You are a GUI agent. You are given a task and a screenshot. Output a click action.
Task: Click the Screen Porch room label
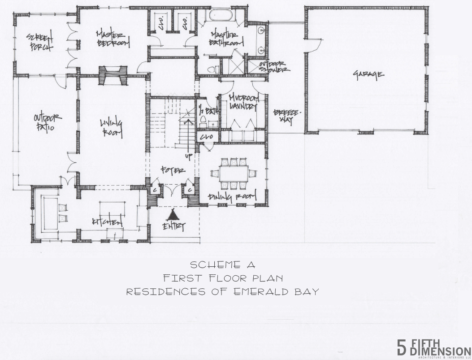39,41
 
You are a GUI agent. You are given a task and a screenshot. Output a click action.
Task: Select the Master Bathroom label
226,39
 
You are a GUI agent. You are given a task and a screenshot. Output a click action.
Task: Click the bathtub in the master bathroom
220,16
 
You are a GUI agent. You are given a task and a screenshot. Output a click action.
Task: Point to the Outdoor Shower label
275,66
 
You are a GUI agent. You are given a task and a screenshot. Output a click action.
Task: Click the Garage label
368,74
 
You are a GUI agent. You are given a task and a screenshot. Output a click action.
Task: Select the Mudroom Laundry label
242,102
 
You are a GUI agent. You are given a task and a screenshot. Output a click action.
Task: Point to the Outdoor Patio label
48,122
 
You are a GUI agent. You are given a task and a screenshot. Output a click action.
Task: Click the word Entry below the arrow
173,226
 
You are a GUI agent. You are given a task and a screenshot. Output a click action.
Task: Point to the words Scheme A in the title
222,265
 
